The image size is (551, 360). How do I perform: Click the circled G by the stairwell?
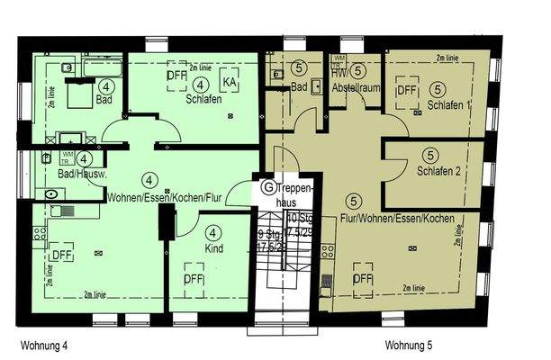click(268, 188)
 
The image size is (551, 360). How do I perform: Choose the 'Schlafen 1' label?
click(448, 105)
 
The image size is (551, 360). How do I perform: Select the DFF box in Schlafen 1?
click(408, 91)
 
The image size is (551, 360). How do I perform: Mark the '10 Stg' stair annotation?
click(300, 219)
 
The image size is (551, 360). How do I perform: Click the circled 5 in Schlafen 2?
click(430, 156)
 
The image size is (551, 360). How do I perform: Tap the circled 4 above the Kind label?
click(212, 232)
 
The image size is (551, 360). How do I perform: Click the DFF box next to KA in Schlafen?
click(176, 76)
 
